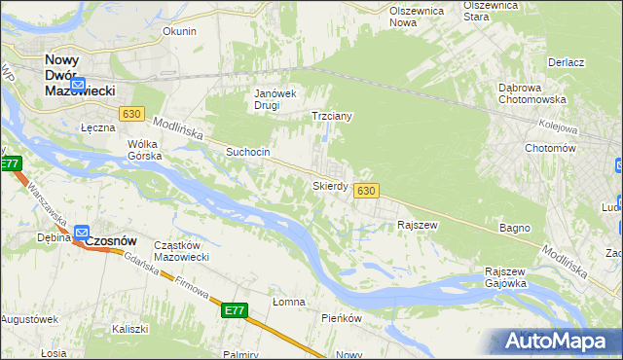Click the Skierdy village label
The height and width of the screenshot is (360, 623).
point(330,185)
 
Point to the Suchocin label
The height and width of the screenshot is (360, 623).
point(247,153)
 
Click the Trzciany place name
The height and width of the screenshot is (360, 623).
point(330,116)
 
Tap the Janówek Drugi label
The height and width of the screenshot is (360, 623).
point(275,100)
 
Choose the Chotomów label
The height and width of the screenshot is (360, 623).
point(549,148)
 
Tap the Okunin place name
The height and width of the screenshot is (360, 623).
point(179,31)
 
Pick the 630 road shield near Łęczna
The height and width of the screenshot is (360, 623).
point(132,115)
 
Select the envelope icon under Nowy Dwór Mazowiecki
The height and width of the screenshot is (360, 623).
point(80,84)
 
